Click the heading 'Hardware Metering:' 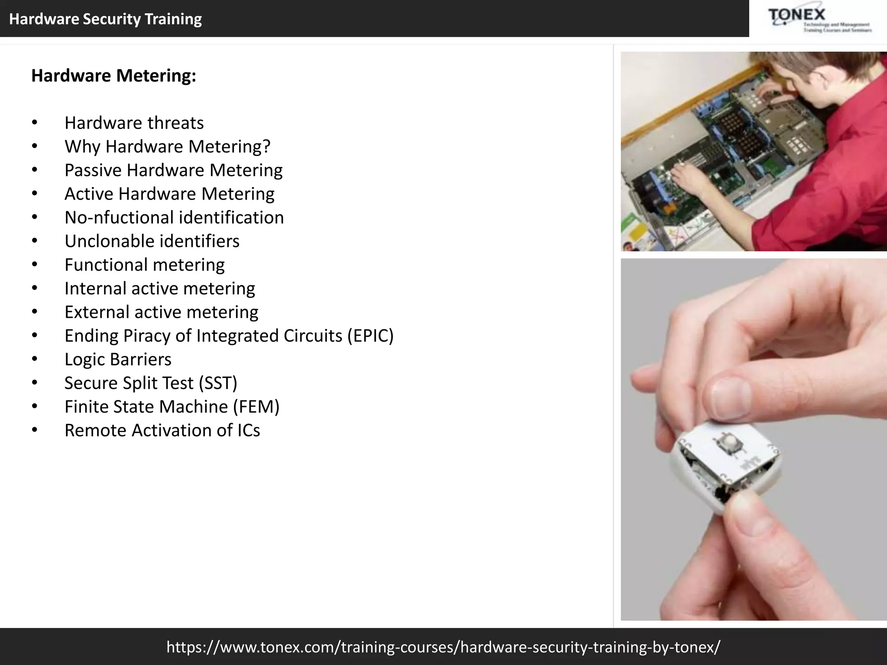pyautogui.click(x=113, y=76)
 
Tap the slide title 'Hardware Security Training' pyautogui.click(x=105, y=19)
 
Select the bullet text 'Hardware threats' pyautogui.click(x=134, y=123)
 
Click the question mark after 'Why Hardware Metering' pyautogui.click(x=266, y=146)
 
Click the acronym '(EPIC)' pyautogui.click(x=370, y=336)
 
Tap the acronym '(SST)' pyautogui.click(x=218, y=383)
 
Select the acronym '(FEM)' pyautogui.click(x=256, y=407)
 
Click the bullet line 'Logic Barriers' pyautogui.click(x=118, y=359)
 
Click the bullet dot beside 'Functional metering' pyautogui.click(x=35, y=265)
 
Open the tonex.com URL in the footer pyautogui.click(x=443, y=647)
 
